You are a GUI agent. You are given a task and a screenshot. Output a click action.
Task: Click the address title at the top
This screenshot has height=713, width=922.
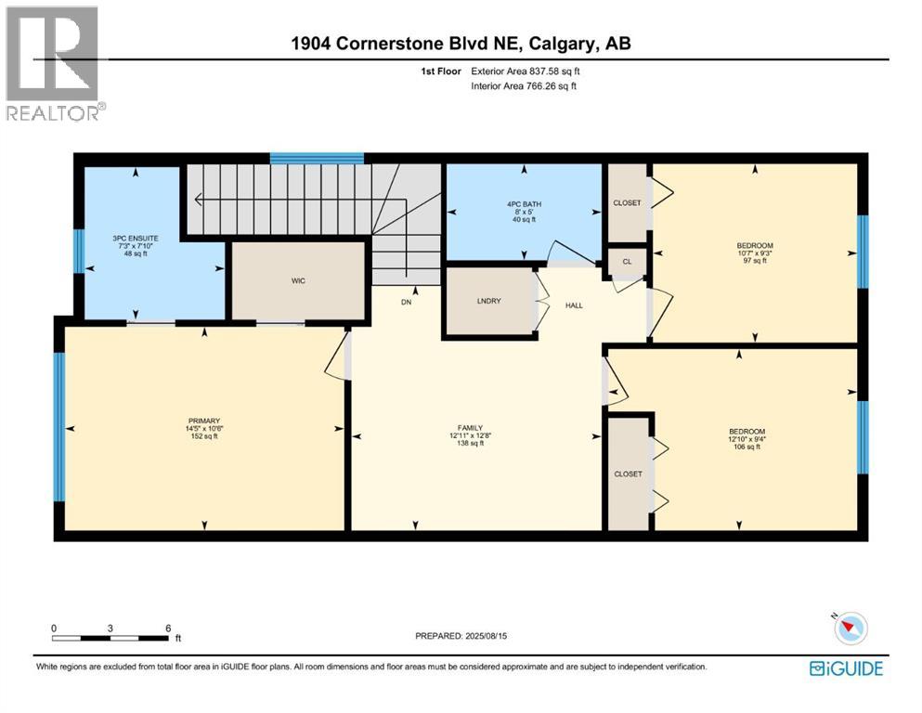click(461, 45)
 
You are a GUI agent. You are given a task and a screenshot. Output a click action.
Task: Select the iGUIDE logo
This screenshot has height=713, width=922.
click(846, 668)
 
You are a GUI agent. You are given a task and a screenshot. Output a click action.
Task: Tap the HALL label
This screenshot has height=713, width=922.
click(574, 305)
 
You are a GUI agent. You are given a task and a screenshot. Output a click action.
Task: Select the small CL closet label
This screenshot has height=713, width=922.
click(627, 263)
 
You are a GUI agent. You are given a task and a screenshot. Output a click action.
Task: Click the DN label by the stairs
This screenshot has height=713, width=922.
click(407, 303)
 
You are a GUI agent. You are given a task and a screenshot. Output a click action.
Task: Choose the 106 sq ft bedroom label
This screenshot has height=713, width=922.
click(747, 438)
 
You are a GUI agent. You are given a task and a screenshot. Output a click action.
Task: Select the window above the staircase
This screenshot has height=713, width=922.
click(317, 158)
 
